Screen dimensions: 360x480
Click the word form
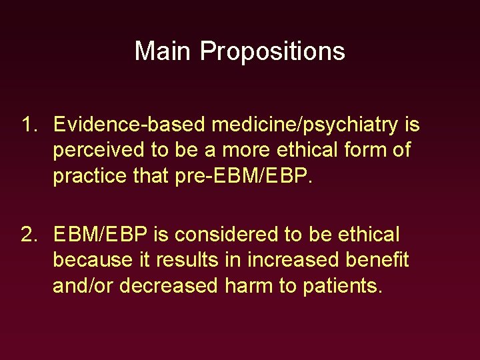pos(367,150)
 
